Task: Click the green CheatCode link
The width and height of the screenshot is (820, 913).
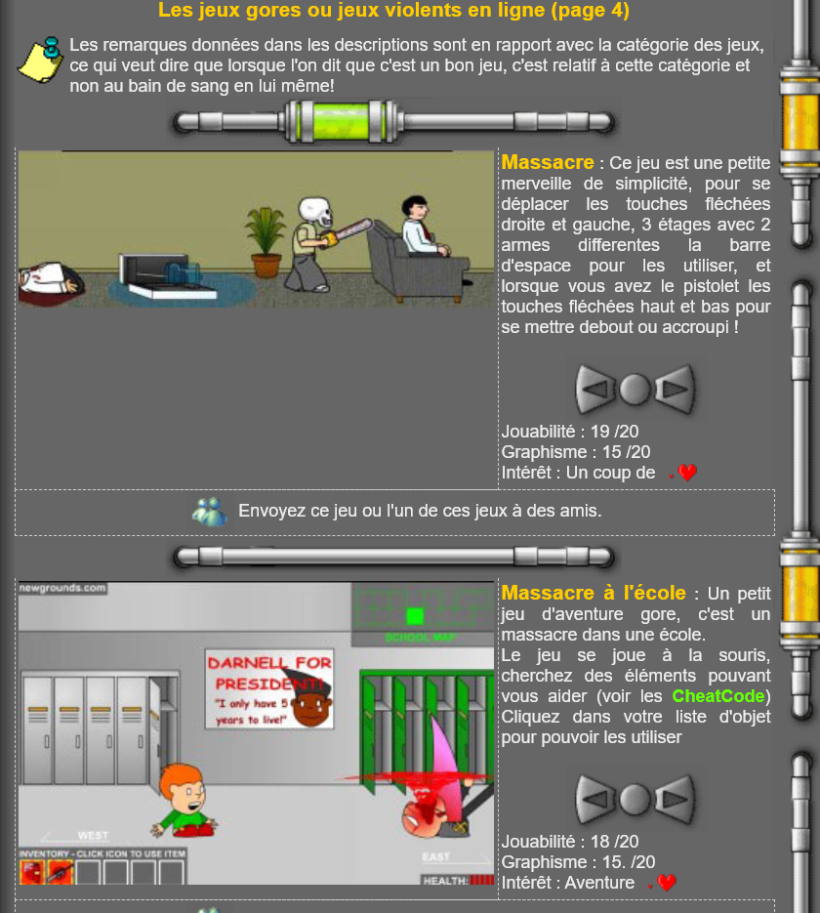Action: coord(718,696)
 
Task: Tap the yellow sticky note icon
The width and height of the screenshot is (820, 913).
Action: coord(41,60)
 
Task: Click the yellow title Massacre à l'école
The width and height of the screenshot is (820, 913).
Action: coord(594,593)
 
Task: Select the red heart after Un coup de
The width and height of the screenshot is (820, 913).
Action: coord(686,473)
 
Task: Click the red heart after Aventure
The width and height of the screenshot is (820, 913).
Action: coord(667,883)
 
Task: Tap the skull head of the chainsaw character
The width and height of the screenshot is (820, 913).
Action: coord(315,213)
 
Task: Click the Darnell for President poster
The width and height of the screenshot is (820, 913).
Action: coord(269,688)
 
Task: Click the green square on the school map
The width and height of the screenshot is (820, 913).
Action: coord(414,615)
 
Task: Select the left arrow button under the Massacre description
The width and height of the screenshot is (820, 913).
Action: coord(595,389)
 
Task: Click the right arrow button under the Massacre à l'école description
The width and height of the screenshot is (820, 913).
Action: coord(676,799)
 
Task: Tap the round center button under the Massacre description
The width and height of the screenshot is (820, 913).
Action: coord(635,389)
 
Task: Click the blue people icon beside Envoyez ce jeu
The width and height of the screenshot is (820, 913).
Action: coord(210,512)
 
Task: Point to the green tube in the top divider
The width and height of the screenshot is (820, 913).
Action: coord(341,121)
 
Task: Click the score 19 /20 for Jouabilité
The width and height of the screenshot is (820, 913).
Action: coord(615,432)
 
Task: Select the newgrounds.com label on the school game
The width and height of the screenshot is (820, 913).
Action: coord(62,588)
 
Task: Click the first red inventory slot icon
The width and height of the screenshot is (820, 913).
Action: coord(31,873)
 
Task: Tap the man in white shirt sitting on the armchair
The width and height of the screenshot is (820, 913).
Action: coord(422,228)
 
